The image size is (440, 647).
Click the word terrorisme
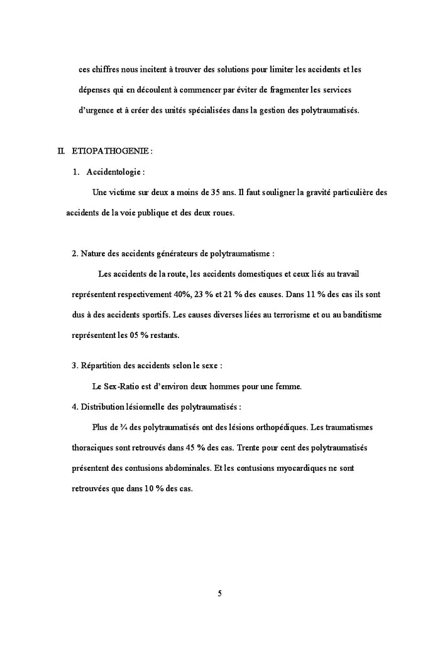(266, 315)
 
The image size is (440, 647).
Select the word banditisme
(358, 315)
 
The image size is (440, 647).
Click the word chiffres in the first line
(104, 69)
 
